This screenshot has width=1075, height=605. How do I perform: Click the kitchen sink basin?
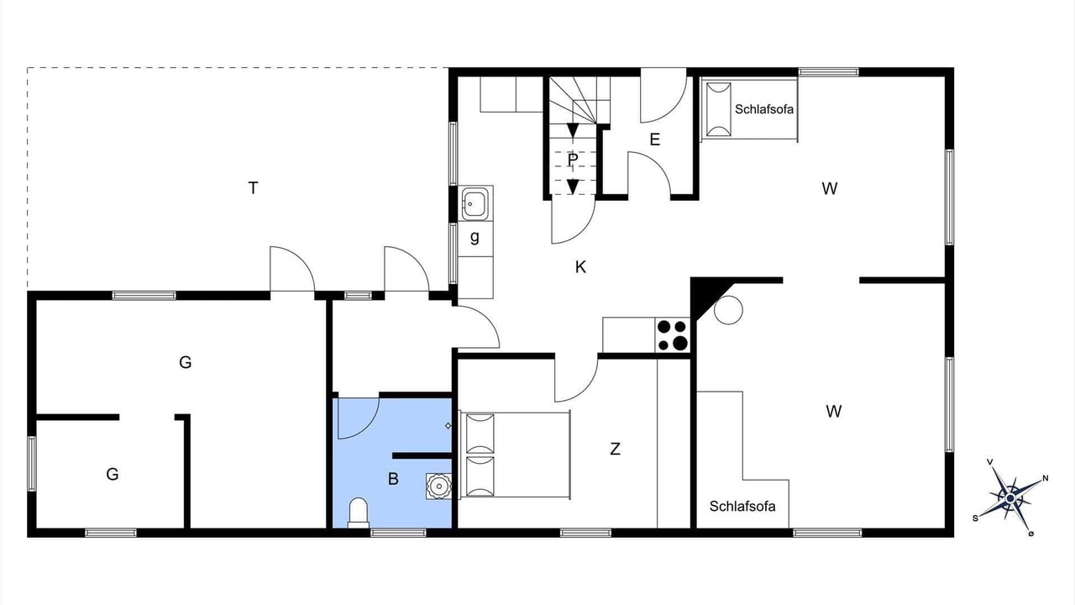(x=475, y=203)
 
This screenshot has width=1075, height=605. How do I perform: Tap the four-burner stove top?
(x=673, y=334)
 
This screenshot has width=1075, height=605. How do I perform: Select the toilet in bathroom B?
(x=359, y=513)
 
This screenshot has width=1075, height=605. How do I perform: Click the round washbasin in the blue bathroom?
(x=438, y=486)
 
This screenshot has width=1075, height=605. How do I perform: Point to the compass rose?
(x=1010, y=498)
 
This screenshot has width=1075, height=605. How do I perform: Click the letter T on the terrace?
(x=253, y=187)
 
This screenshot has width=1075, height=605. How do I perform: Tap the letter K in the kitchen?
(x=580, y=267)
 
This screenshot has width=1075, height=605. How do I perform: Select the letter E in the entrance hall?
(x=654, y=139)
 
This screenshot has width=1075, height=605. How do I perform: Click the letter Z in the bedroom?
(x=615, y=449)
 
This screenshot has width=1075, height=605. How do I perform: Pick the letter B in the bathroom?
(x=393, y=479)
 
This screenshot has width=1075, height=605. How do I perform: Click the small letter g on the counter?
(x=475, y=237)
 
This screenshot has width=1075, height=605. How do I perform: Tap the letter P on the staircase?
(x=572, y=160)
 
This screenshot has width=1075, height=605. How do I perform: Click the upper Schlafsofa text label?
(x=764, y=109)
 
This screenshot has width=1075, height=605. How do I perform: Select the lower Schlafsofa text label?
(x=742, y=506)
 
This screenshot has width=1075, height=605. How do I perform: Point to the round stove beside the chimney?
(x=728, y=310)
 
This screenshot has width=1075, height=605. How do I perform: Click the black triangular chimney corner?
(x=706, y=295)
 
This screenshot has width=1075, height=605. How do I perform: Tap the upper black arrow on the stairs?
(x=572, y=130)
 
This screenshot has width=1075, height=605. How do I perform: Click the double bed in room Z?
(x=515, y=455)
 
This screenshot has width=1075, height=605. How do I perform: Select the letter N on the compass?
(x=1046, y=478)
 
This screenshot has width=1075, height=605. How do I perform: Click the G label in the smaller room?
(x=113, y=475)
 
